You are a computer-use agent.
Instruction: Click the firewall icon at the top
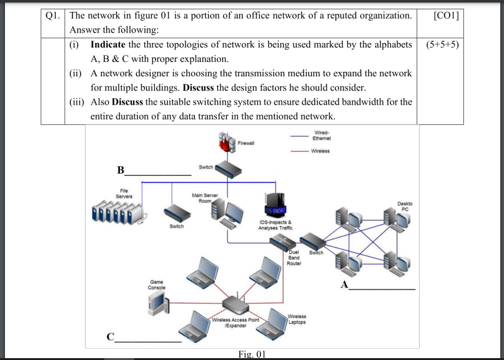tap(225, 144)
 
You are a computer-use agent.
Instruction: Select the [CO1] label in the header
tap(445, 14)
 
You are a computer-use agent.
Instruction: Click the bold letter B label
tap(121, 170)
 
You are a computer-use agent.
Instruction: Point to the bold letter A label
tap(344, 285)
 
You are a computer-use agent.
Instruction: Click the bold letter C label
tap(111, 338)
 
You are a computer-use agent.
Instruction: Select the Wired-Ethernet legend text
tap(322, 135)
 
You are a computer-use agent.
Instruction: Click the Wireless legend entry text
tap(320, 151)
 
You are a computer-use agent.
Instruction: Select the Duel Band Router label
tap(294, 258)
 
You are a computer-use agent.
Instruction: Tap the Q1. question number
tap(52, 14)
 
